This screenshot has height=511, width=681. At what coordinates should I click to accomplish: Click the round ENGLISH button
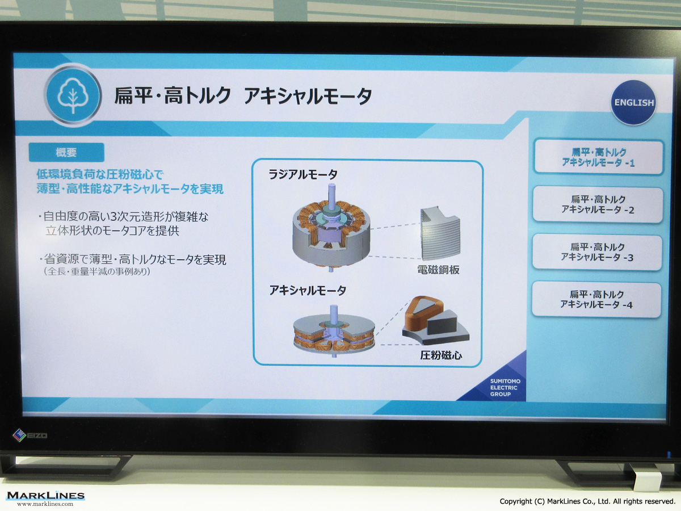coord(633,102)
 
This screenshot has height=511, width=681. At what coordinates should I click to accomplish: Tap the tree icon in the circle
coord(73,95)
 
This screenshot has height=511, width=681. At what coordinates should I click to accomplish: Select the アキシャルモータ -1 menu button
coord(599,157)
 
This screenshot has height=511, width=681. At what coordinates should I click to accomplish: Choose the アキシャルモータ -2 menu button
coord(598,204)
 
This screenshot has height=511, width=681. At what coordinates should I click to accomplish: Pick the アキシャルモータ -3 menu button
coord(597,252)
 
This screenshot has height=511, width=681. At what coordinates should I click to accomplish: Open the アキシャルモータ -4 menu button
coord(596,299)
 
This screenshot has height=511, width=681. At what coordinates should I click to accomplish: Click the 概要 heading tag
coord(66,152)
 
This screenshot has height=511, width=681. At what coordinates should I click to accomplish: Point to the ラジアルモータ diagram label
coord(303,174)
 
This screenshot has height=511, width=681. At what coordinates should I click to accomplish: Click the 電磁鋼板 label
coord(438,270)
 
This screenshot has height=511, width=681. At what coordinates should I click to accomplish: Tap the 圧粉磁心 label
coord(441,355)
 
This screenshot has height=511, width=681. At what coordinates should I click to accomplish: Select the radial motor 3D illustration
coord(331,228)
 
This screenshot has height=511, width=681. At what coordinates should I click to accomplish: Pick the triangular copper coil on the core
coord(423,312)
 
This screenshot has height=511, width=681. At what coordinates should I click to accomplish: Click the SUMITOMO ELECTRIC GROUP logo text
coord(505,388)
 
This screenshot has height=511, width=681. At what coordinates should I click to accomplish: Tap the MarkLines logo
coord(45,499)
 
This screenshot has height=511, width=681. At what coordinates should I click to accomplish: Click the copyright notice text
coord(587,501)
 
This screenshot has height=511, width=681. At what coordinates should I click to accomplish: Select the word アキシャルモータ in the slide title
coord(308,96)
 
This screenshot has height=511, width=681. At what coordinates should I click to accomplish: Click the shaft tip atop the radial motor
coord(331,186)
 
